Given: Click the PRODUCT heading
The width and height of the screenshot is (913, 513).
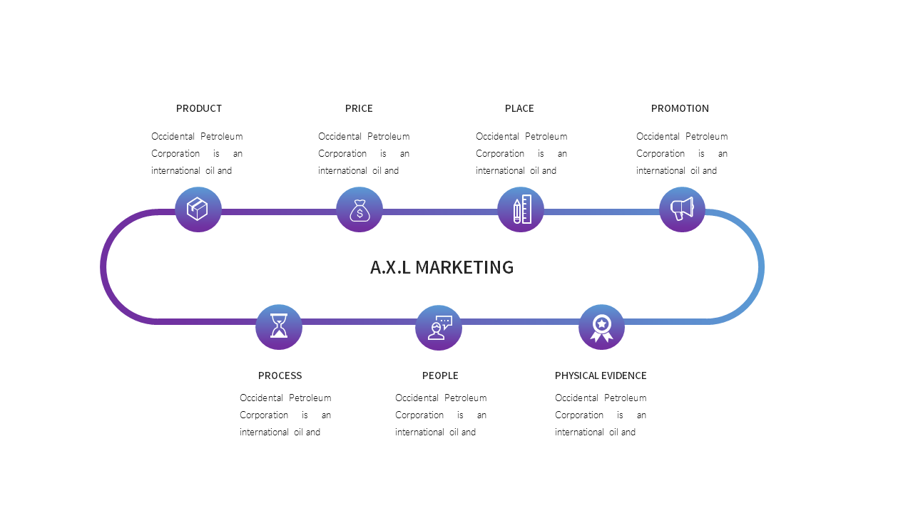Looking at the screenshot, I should (199, 108).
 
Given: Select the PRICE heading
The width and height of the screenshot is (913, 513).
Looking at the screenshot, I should (359, 108).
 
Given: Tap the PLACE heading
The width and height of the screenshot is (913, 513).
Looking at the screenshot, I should (519, 108).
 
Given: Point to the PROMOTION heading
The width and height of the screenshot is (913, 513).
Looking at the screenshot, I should (680, 108).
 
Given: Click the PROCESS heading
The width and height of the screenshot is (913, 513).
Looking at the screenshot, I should (280, 375).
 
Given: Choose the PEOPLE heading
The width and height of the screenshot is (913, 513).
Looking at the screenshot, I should (440, 375).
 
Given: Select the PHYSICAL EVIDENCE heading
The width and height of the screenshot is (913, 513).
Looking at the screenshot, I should (601, 375).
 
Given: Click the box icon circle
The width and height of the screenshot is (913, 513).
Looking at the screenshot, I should (198, 209).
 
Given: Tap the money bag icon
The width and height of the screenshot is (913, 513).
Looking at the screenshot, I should (359, 209).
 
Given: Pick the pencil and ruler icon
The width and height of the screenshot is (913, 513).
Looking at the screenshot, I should (521, 209).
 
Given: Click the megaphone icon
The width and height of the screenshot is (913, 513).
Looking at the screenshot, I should (682, 209).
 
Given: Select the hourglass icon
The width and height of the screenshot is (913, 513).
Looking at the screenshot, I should (279, 327).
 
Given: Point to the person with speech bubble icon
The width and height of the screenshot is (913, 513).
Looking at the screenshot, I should (439, 328).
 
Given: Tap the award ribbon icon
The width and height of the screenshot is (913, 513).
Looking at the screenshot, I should (601, 328).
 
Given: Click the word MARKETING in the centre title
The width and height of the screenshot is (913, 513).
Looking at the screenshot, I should (464, 267).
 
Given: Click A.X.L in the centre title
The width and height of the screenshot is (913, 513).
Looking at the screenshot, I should (390, 267).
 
